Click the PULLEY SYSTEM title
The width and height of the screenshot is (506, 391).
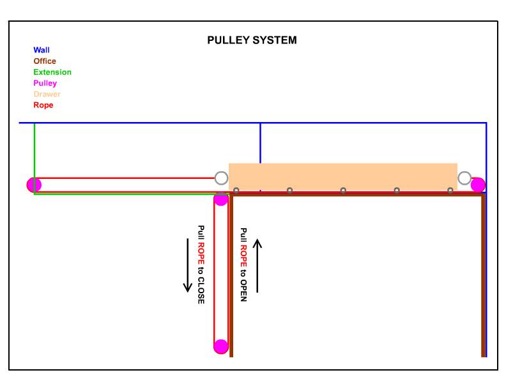(252, 40)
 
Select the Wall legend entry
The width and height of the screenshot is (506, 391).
(41, 50)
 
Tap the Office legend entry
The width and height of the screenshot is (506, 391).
(45, 61)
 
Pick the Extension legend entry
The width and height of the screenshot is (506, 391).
(52, 72)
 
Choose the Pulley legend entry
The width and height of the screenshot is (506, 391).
(45, 83)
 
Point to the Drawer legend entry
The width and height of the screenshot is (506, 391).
(47, 94)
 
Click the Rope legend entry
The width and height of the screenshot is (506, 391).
(43, 105)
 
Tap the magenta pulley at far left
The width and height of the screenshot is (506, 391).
(34, 185)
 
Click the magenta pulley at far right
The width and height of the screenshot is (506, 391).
(478, 185)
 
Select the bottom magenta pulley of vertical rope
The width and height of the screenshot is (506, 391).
(221, 346)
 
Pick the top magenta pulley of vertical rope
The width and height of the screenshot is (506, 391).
(221, 199)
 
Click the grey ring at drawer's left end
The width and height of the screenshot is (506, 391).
(221, 178)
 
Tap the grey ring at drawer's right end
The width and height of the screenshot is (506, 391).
(464, 178)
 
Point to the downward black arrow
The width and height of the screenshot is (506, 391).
(188, 265)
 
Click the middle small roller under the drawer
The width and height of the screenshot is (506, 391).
(343, 190)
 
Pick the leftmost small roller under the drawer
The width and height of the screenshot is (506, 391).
(236, 190)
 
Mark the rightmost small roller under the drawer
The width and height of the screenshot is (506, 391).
(450, 190)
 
